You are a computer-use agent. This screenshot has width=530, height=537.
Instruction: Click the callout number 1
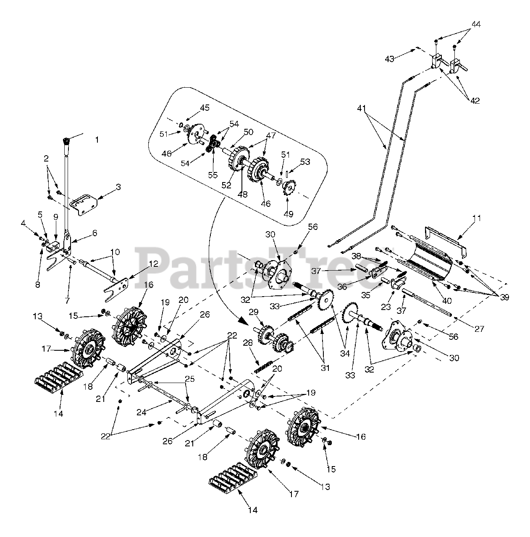pos(97,139)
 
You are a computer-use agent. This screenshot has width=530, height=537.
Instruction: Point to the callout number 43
pos(390,59)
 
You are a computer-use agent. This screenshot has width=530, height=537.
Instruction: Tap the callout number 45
pos(205,108)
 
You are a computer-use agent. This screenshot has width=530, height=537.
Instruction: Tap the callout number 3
pos(118,187)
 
